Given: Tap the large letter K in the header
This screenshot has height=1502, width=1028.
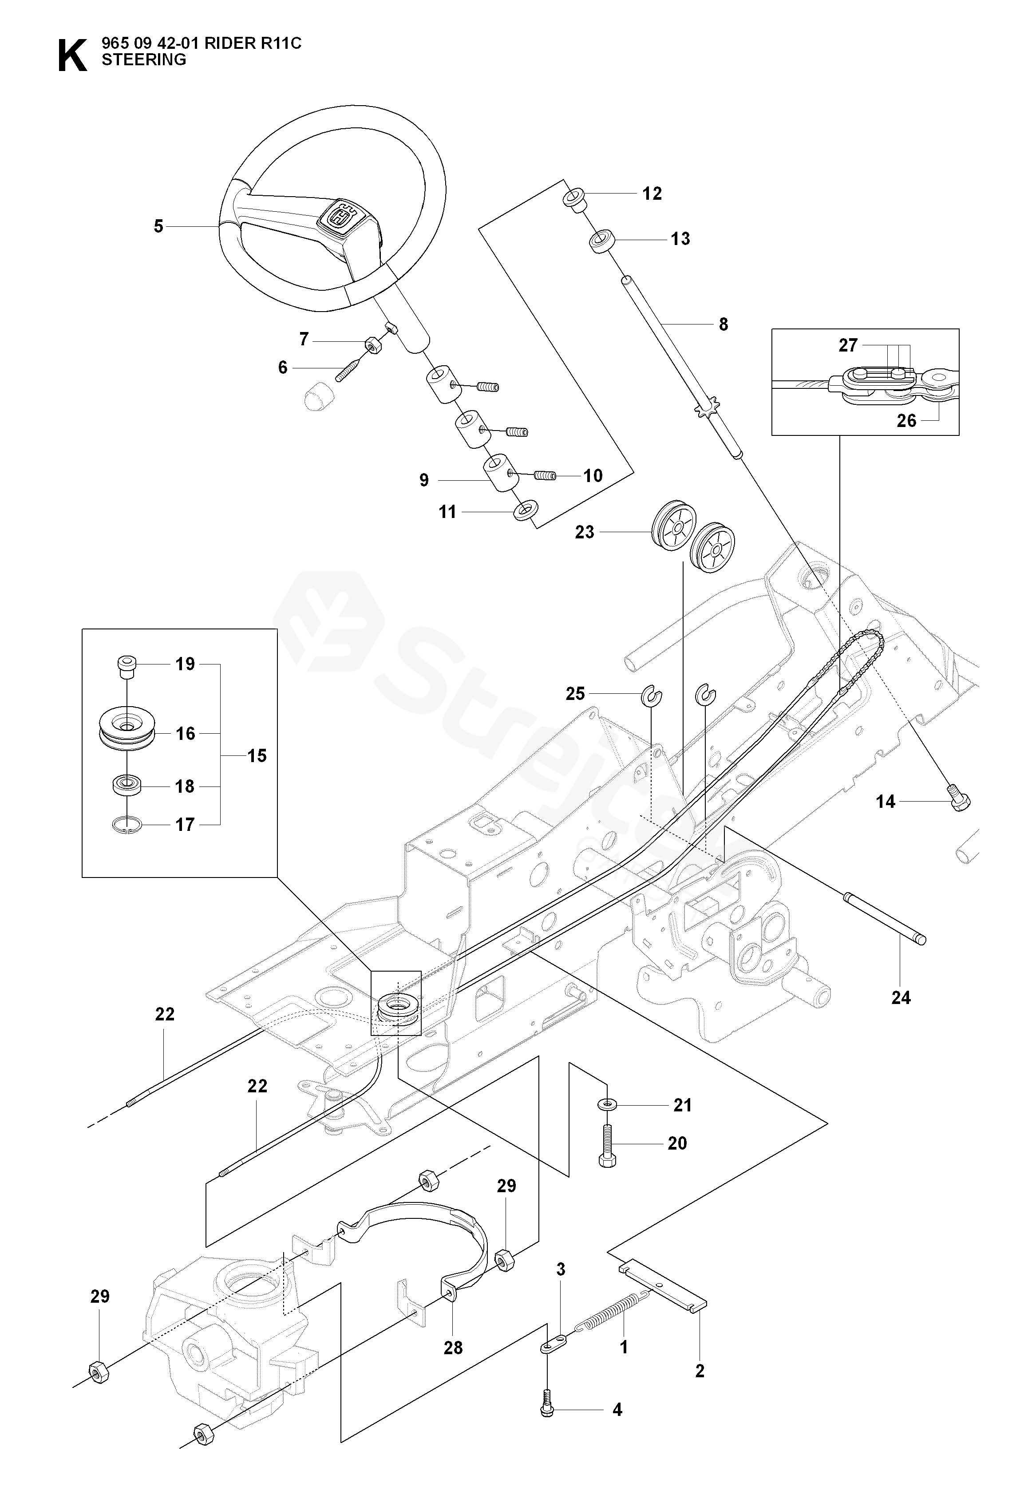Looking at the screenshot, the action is point(72,56).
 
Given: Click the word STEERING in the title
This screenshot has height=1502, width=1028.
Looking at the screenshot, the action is point(144,59).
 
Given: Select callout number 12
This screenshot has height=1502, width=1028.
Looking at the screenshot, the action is point(652,193).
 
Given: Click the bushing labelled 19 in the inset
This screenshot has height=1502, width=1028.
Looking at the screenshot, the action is point(127,666).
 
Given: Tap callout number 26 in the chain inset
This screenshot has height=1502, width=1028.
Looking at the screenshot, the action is point(906,421).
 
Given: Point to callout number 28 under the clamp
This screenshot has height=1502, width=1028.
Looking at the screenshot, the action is point(453,1348).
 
